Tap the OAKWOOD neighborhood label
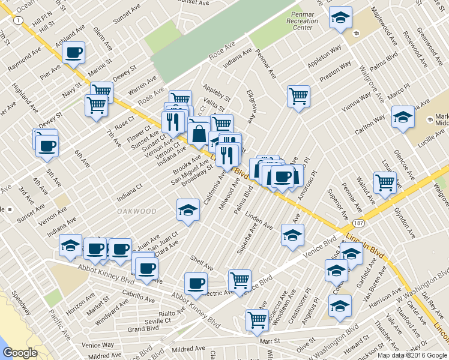(x=137, y=211)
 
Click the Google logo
(x=20, y=353)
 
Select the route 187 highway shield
(x=357, y=223)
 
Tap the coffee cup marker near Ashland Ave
(x=73, y=53)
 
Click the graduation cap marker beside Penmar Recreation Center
(x=340, y=18)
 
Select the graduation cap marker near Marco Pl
(x=403, y=117)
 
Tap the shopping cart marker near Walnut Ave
(x=385, y=182)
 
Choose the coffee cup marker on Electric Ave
(x=195, y=283)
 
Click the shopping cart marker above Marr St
(x=257, y=320)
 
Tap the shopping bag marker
(x=199, y=133)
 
